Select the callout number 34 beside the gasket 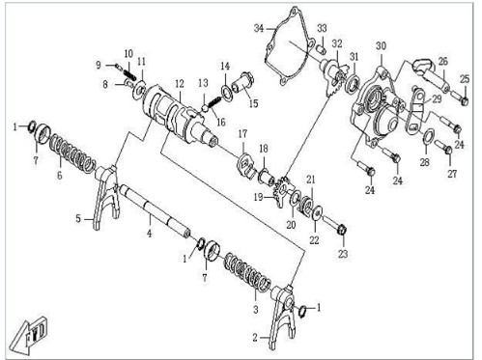259,28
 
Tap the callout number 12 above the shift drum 180,84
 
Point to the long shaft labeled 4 155,211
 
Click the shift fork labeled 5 106,196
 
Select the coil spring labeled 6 72,152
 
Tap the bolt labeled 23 334,225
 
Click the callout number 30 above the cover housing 381,46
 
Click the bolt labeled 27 443,147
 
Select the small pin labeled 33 321,49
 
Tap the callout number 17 242,133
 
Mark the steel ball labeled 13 205,108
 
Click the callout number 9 99,65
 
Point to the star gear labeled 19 282,192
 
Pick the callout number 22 314,240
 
